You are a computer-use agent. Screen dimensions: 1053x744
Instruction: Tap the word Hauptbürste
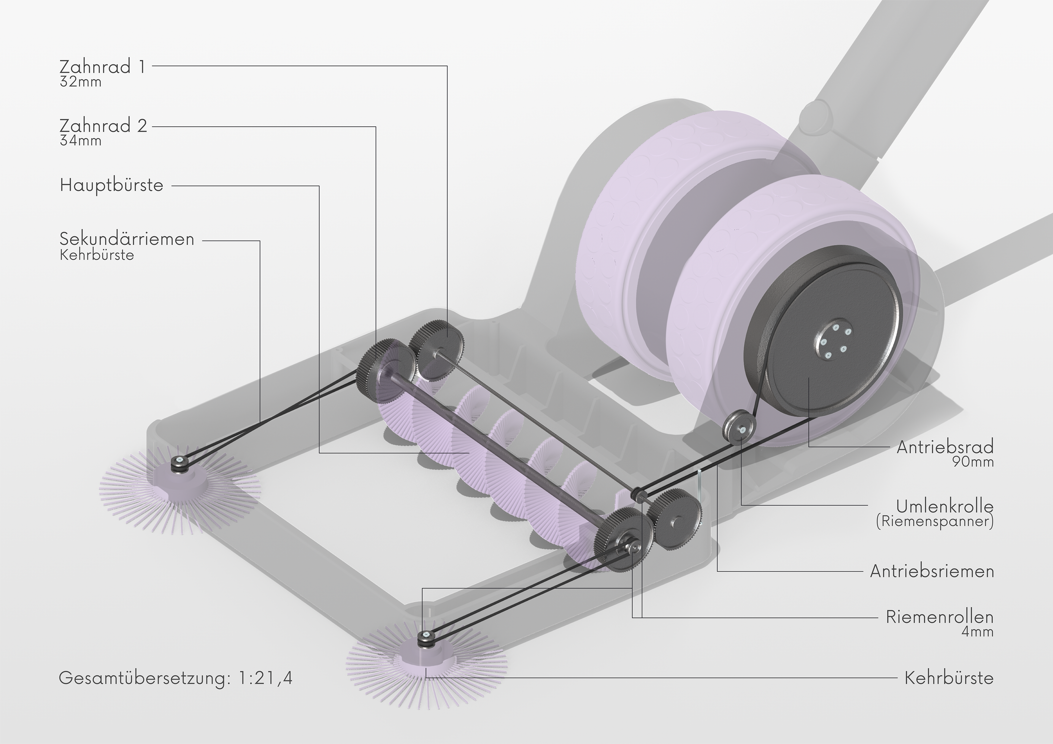pos(111,185)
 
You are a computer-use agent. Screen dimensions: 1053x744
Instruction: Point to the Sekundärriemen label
pos(127,239)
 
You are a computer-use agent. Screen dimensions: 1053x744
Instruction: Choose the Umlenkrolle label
pos(945,506)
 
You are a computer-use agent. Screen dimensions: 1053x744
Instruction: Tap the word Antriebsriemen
pos(932,571)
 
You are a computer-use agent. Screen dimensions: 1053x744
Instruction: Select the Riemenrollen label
pos(940,617)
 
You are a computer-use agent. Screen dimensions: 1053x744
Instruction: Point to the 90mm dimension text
pos(973,462)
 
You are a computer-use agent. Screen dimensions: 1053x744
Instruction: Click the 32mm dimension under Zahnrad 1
pos(80,82)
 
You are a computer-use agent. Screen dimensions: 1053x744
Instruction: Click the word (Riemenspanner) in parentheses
pos(935,521)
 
